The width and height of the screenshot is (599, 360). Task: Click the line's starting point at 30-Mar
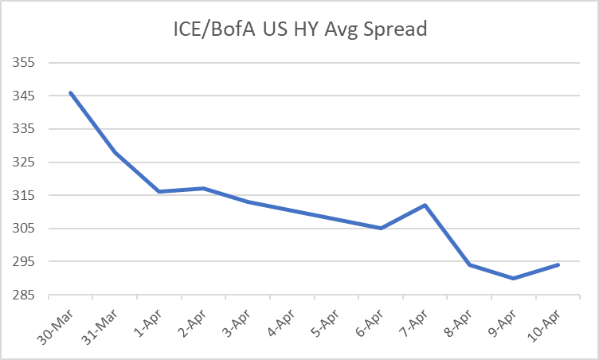(71, 92)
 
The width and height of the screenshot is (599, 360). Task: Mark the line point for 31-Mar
(115, 152)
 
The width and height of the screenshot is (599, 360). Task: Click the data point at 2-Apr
(204, 189)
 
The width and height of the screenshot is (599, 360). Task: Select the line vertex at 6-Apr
(381, 229)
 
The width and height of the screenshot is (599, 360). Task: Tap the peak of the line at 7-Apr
(425, 205)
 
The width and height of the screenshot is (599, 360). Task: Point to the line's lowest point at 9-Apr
(514, 278)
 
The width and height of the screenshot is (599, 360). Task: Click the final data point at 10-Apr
(558, 264)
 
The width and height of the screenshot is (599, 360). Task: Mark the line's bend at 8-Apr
(470, 264)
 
